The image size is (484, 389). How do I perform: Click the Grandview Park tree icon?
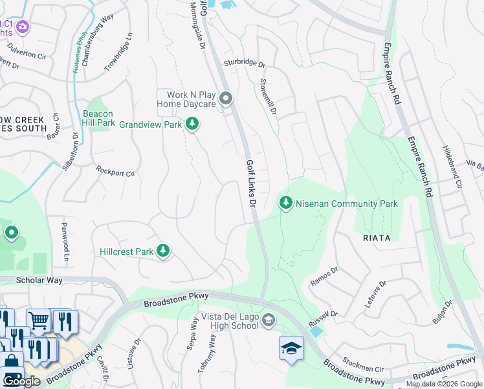(192, 123)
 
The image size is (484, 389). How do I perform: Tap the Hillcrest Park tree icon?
(163, 252)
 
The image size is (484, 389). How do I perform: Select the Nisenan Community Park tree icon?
(285, 203)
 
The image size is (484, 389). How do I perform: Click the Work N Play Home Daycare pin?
(225, 99)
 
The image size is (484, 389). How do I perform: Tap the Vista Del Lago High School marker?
(269, 320)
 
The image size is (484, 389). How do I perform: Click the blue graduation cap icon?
(291, 348)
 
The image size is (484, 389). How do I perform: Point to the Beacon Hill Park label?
(98, 118)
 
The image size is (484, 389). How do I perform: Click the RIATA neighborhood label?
(372, 238)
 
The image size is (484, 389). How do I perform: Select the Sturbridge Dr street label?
(245, 64)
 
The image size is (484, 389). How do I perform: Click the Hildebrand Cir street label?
(452, 166)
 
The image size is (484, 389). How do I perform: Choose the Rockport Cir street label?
(115, 173)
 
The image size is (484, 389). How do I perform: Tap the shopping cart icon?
(39, 320)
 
